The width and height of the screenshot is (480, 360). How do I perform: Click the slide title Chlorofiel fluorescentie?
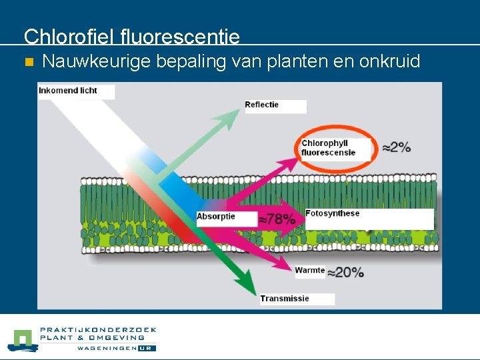click(131, 36)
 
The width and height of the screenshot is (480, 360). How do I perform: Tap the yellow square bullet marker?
click(28, 63)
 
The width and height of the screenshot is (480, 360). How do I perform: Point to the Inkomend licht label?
click(68, 91)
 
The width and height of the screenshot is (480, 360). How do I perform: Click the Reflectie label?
click(262, 105)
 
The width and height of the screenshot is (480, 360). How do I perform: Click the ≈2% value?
click(396, 147)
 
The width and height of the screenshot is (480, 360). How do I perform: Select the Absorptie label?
click(216, 217)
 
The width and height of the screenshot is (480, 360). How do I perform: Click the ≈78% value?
click(277, 219)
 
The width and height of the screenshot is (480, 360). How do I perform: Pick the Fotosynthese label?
click(332, 214)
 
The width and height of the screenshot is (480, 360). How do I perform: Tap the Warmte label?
click(309, 271)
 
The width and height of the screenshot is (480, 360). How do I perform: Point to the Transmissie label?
click(285, 299)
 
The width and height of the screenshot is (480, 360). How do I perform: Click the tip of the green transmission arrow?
click(253, 293)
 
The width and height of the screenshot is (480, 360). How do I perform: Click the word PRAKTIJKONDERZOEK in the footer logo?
click(98, 329)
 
